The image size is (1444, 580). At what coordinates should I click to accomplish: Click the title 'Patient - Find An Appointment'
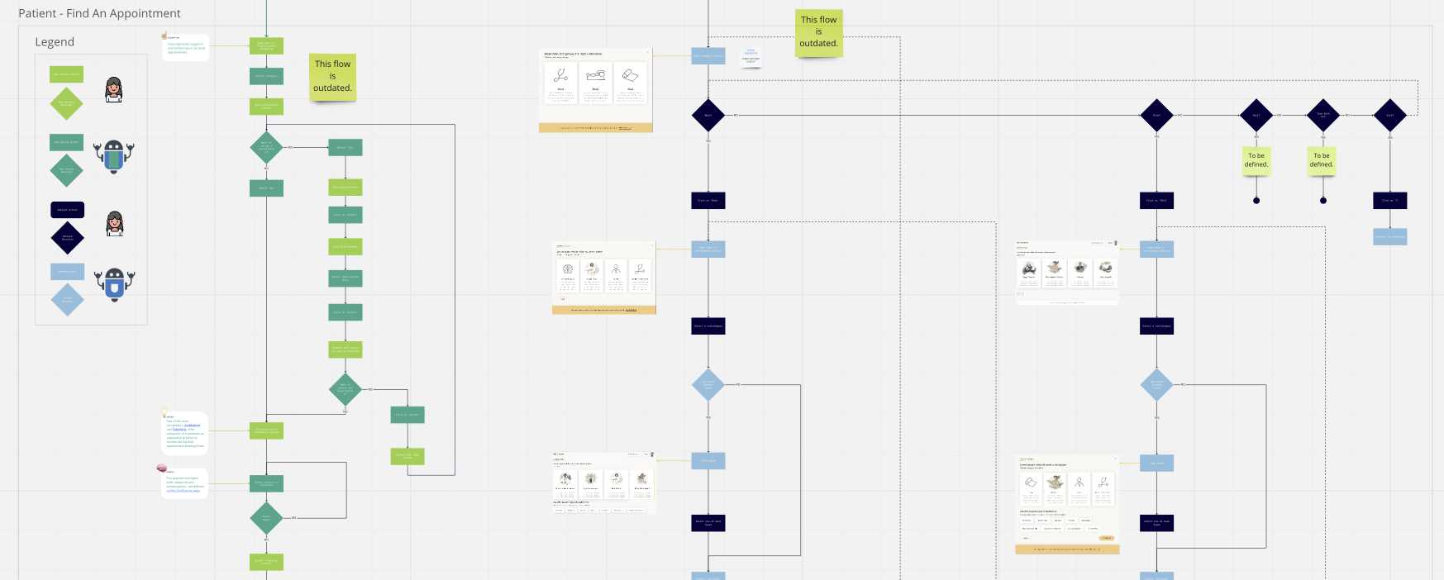(x=99, y=13)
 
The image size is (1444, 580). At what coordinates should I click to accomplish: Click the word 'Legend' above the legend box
(x=55, y=42)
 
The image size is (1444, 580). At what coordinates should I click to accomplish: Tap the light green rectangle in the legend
(x=67, y=74)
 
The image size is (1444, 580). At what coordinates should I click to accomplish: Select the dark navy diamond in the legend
(x=67, y=237)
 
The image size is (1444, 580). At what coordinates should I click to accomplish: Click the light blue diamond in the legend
(x=67, y=299)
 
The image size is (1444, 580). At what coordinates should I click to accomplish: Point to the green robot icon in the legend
(x=114, y=156)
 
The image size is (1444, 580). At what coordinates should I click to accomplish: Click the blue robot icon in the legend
(x=114, y=283)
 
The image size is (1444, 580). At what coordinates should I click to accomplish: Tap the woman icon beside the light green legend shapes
(x=114, y=89)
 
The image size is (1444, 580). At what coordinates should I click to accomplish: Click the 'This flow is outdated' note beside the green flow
(x=332, y=76)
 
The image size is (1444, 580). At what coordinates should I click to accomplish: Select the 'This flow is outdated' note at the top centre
(x=818, y=32)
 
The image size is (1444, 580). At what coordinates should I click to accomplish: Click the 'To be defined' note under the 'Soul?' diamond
(x=1256, y=159)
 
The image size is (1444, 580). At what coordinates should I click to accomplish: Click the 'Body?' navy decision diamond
(x=708, y=115)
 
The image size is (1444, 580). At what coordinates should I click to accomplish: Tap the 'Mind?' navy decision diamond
(x=1156, y=115)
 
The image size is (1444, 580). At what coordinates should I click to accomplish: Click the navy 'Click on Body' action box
(x=708, y=200)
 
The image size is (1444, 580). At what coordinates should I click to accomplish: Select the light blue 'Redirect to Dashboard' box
(x=1389, y=236)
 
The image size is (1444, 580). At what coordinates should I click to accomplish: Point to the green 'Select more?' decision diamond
(x=266, y=518)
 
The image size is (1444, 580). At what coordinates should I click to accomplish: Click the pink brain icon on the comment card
(x=162, y=468)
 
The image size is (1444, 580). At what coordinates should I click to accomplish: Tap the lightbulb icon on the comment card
(x=164, y=411)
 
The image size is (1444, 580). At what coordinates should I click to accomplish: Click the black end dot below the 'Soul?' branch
(x=1256, y=201)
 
